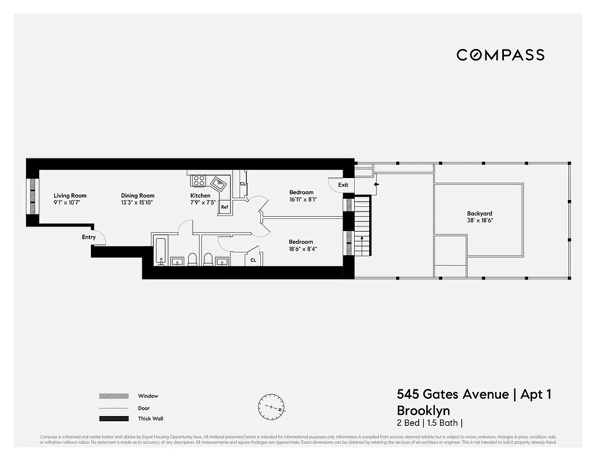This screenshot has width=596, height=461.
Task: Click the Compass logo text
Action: [500, 55]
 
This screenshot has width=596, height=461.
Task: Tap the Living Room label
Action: [70, 196]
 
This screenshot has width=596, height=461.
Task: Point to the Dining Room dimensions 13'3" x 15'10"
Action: [138, 203]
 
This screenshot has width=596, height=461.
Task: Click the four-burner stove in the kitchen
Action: [199, 180]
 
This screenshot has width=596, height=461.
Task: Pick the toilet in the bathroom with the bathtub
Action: [193, 259]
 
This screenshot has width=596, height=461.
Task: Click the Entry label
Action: [89, 237]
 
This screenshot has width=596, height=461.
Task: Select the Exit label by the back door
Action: [343, 185]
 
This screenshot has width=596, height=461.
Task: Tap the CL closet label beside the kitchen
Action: [242, 184]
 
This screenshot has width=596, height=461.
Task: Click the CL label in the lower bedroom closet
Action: [253, 260]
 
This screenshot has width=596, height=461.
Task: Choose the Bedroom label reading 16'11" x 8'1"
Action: [301, 192]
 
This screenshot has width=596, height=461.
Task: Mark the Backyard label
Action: [479, 213]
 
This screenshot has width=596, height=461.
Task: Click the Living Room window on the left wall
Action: [33, 198]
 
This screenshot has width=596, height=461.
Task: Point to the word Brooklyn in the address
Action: [423, 410]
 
